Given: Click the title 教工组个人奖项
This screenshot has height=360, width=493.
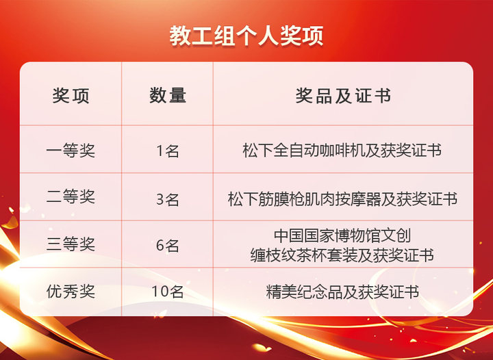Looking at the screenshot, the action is click(246, 36).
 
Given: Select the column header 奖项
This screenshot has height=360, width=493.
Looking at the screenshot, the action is click(71, 96).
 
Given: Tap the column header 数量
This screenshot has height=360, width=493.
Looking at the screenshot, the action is click(168, 96).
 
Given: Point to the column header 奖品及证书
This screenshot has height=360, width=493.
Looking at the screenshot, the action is click(343, 96).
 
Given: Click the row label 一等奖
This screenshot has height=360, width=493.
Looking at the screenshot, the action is click(71, 150).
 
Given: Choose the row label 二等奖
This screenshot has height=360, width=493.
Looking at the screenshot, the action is click(71, 197).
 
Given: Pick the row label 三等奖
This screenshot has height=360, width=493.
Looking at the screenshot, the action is click(71, 244).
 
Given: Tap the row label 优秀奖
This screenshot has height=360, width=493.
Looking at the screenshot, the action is click(71, 291).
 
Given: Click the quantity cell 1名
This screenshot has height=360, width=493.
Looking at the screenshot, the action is click(168, 151).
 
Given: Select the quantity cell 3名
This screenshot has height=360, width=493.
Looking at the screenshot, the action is click(168, 199).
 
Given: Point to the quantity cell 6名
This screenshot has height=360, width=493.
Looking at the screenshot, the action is click(168, 245).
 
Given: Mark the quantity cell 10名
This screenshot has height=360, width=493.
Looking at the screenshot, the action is click(168, 292).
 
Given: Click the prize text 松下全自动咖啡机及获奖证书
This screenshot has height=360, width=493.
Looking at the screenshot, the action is click(342, 150).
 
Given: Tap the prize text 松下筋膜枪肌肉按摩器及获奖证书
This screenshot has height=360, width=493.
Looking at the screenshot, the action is click(343, 199).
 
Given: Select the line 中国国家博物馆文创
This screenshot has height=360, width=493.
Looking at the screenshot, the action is click(342, 235).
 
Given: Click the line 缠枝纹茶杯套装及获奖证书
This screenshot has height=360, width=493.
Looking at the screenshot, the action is click(342, 255).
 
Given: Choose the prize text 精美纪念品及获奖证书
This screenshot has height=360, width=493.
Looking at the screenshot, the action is click(342, 292).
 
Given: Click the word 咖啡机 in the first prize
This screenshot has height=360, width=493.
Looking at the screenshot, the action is click(342, 150).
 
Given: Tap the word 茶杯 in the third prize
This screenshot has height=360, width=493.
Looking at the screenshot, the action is click(312, 255).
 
